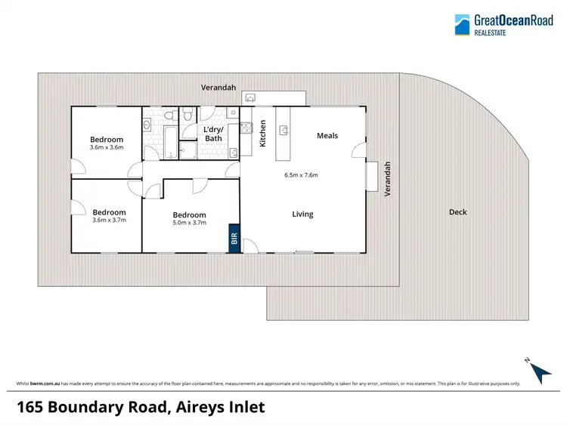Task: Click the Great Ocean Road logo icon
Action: point(462,25)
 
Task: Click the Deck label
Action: point(458,212)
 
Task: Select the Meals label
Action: point(327,136)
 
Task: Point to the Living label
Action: point(302,214)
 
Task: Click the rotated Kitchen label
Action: point(263,133)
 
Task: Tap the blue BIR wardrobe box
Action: point(234,239)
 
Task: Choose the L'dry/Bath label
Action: point(213,134)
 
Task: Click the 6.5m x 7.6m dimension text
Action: point(301,175)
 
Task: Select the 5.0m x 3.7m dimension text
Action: point(189,223)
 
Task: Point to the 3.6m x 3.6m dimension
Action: point(107,147)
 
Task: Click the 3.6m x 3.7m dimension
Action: point(109,220)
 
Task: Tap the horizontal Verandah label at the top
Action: point(218,88)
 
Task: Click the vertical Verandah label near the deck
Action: point(387,179)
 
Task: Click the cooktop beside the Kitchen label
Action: point(246,128)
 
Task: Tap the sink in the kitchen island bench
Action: point(285,130)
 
